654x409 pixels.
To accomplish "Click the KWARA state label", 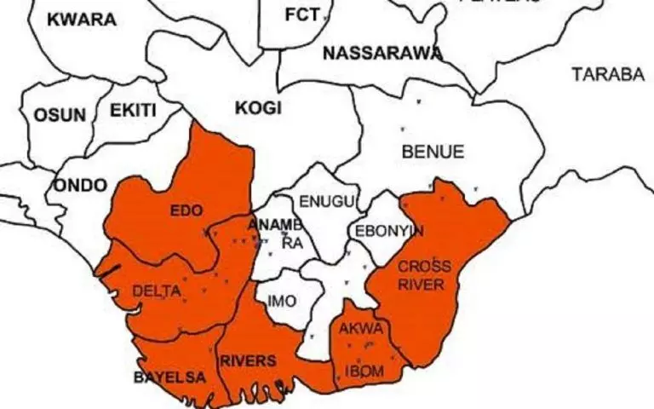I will pos(81,20).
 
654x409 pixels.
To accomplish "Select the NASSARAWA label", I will pos(382,54).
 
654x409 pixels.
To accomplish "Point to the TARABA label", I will pos(608,74).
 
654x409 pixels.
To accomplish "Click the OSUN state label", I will pos(60,115).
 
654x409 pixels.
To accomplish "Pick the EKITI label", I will pos(133,111).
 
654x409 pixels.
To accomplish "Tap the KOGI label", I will pos(258,108).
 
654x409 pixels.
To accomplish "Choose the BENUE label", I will pos(433,153).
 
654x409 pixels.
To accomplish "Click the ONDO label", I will pos(81,185).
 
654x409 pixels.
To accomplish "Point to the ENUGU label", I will pos(324,202).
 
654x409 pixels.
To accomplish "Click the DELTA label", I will pos(156,291).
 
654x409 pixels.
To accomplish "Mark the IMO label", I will pos(282,301).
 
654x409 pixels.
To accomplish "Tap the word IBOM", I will pos(364,372).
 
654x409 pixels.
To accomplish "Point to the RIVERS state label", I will pos(248,361).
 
